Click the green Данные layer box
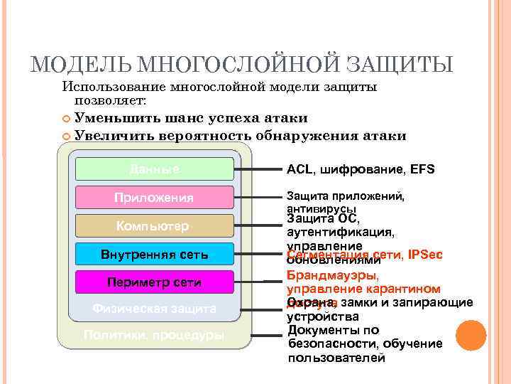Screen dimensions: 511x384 point(154,169)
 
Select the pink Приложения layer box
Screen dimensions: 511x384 point(154,197)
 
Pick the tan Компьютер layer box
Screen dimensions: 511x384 point(154,226)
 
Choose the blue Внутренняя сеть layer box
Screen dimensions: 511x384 point(154,254)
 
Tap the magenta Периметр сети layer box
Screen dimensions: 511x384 point(154,282)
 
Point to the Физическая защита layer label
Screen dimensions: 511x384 point(154,309)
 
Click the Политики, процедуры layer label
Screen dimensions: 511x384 point(154,334)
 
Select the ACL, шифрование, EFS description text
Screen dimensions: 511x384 point(361,169)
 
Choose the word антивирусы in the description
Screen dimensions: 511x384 point(321,209)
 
